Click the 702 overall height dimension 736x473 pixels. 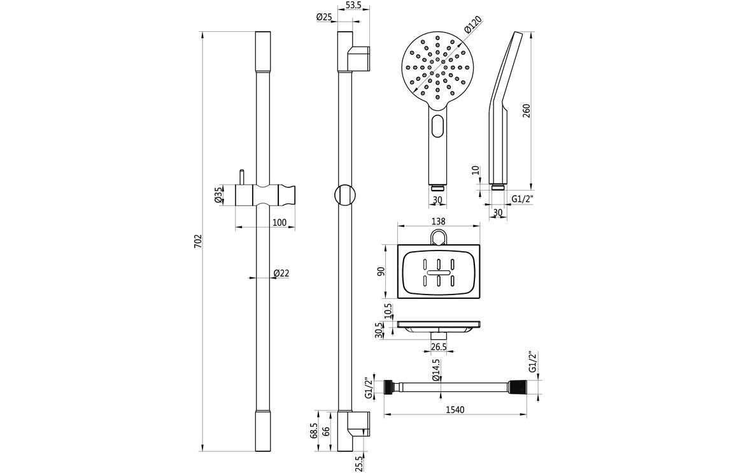198,241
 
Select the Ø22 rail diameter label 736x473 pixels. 281,273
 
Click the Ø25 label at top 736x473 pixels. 324,17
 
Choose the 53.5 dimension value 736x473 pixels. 353,6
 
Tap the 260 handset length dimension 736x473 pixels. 527,110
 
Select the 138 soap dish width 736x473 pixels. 438,221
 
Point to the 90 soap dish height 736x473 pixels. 380,272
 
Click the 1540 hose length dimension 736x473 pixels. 455,410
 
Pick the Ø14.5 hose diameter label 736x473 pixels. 436,370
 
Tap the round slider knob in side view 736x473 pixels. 344,194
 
